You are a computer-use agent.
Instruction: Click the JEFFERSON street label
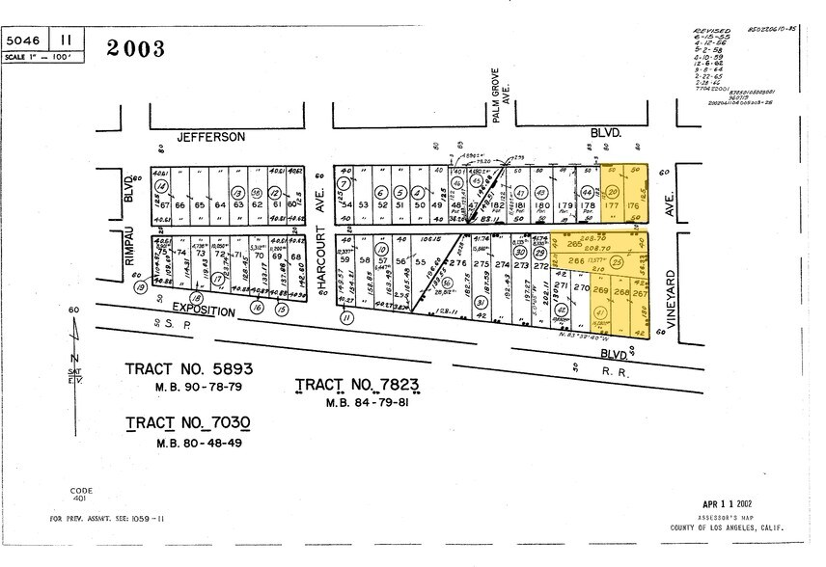pyautogui.click(x=210, y=138)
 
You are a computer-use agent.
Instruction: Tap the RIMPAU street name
pyautogui.click(x=128, y=257)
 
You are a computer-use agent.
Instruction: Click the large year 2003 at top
pyautogui.click(x=135, y=48)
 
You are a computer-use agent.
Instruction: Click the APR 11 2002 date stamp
pyautogui.click(x=732, y=504)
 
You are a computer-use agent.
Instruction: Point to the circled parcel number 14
pyautogui.click(x=162, y=185)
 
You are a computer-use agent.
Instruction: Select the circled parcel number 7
pyautogui.click(x=343, y=184)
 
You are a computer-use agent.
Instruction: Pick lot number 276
pyautogui.click(x=458, y=262)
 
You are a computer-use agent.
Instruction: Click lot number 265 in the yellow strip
pyautogui.click(x=576, y=244)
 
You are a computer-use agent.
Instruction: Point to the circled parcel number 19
pyautogui.click(x=141, y=287)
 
